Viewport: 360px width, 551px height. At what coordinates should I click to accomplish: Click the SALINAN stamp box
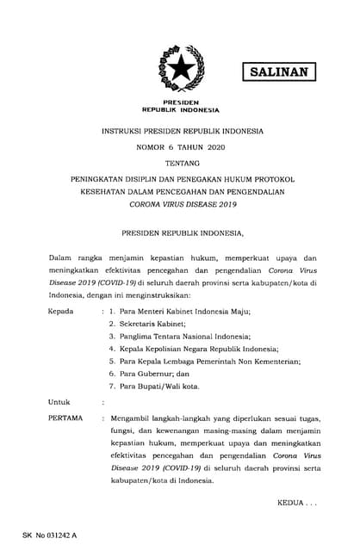[x=277, y=72]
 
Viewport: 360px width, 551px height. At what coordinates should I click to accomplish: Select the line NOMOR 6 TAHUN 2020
[x=180, y=148]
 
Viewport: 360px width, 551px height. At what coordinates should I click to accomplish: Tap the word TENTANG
[x=180, y=164]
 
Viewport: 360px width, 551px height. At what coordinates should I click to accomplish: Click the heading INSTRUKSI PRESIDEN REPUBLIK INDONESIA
[x=180, y=131]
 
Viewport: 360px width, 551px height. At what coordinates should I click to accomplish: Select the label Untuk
[x=58, y=401]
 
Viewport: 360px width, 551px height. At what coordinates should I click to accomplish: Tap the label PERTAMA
[x=65, y=418]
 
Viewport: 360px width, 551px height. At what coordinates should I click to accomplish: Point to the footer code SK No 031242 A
[x=50, y=536]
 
